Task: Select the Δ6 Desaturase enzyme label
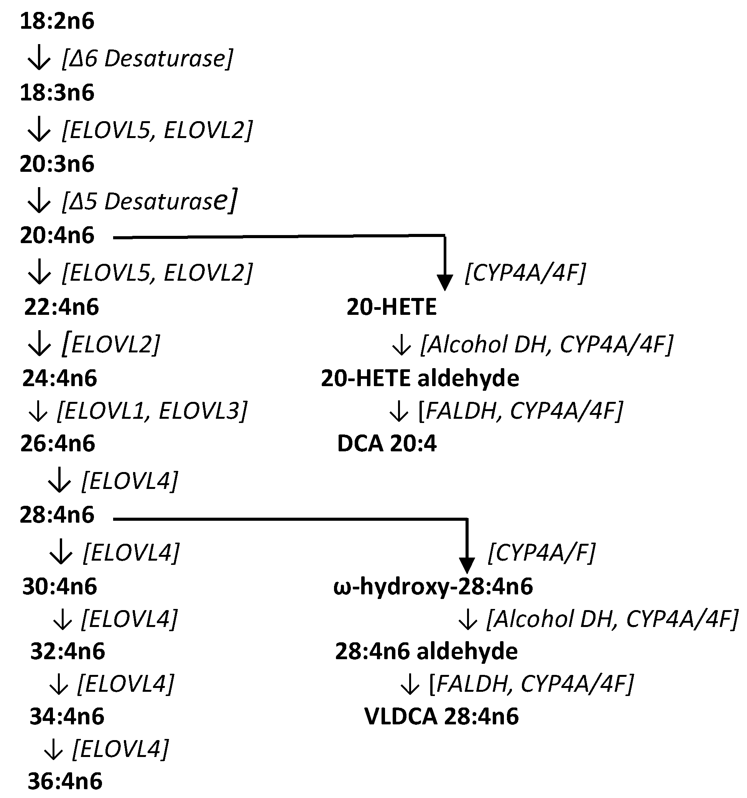pyautogui.click(x=147, y=59)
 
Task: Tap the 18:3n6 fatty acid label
pyautogui.click(x=57, y=93)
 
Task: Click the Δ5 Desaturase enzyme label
pyautogui.click(x=149, y=201)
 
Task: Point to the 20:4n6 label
pyautogui.click(x=57, y=235)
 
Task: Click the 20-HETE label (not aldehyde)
pyautogui.click(x=392, y=308)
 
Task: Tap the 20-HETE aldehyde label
pyautogui.click(x=420, y=378)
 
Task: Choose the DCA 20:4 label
pyautogui.click(x=387, y=444)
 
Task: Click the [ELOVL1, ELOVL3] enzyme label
pyautogui.click(x=152, y=411)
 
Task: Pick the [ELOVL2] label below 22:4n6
pyautogui.click(x=111, y=344)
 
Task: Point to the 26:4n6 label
pyautogui.click(x=58, y=444)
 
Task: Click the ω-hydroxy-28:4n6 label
pyautogui.click(x=433, y=586)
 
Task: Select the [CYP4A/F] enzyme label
pyautogui.click(x=541, y=552)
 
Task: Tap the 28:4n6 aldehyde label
pyautogui.click(x=426, y=651)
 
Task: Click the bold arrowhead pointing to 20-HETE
pyautogui.click(x=444, y=282)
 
